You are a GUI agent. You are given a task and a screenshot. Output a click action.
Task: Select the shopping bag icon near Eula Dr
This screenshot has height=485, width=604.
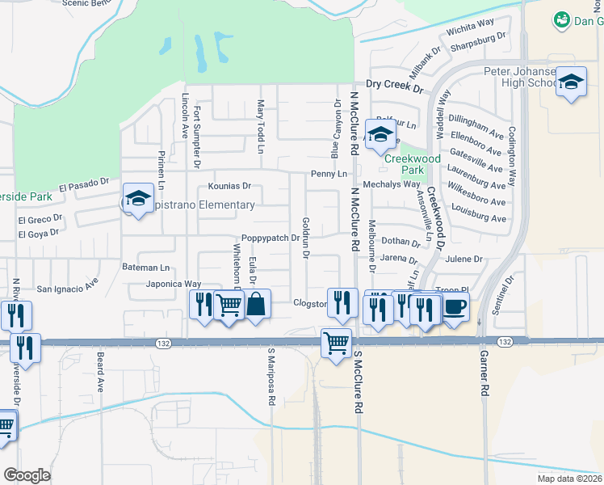click(255, 305)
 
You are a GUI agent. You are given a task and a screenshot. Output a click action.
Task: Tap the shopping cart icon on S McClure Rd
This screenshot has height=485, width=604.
click(335, 342)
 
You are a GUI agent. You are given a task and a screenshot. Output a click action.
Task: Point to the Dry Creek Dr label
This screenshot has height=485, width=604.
click(394, 84)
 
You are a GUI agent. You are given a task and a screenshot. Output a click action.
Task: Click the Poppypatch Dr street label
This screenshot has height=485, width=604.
click(271, 238)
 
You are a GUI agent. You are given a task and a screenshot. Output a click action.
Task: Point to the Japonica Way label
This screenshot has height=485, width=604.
click(173, 284)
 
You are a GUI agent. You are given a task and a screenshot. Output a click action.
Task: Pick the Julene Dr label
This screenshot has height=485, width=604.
click(463, 259)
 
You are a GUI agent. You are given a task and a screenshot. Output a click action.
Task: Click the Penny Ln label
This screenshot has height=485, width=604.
click(329, 174)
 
